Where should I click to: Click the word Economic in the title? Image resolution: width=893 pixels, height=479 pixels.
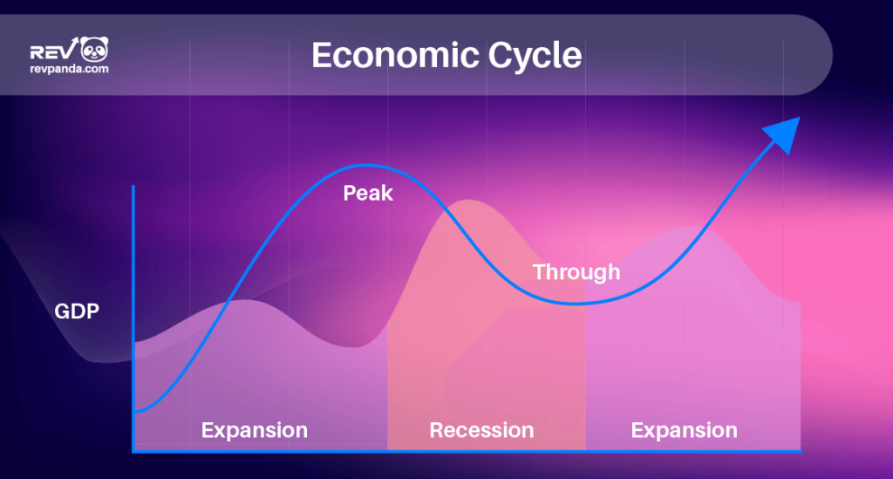click(x=384, y=55)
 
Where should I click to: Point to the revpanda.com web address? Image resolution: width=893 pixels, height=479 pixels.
click(x=69, y=69)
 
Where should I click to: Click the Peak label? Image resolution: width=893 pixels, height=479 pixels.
click(x=368, y=193)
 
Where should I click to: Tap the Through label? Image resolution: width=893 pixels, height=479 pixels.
click(x=576, y=272)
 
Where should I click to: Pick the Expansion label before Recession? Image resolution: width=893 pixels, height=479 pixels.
click(x=255, y=430)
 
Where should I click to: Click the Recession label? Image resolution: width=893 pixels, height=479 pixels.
click(x=481, y=430)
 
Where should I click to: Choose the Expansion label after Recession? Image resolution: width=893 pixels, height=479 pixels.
click(x=684, y=430)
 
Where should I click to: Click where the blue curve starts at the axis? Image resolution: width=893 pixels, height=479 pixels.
click(x=136, y=410)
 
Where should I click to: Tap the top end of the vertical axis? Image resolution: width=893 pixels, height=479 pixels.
click(x=133, y=187)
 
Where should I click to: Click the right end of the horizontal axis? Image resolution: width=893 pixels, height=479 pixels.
click(x=799, y=451)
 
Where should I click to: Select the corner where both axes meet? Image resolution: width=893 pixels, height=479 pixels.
click(x=133, y=451)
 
